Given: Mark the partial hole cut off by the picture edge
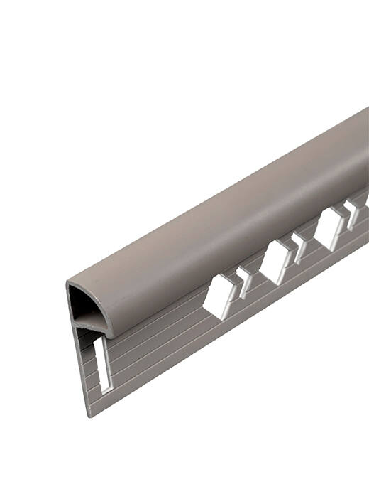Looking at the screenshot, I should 366,203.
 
